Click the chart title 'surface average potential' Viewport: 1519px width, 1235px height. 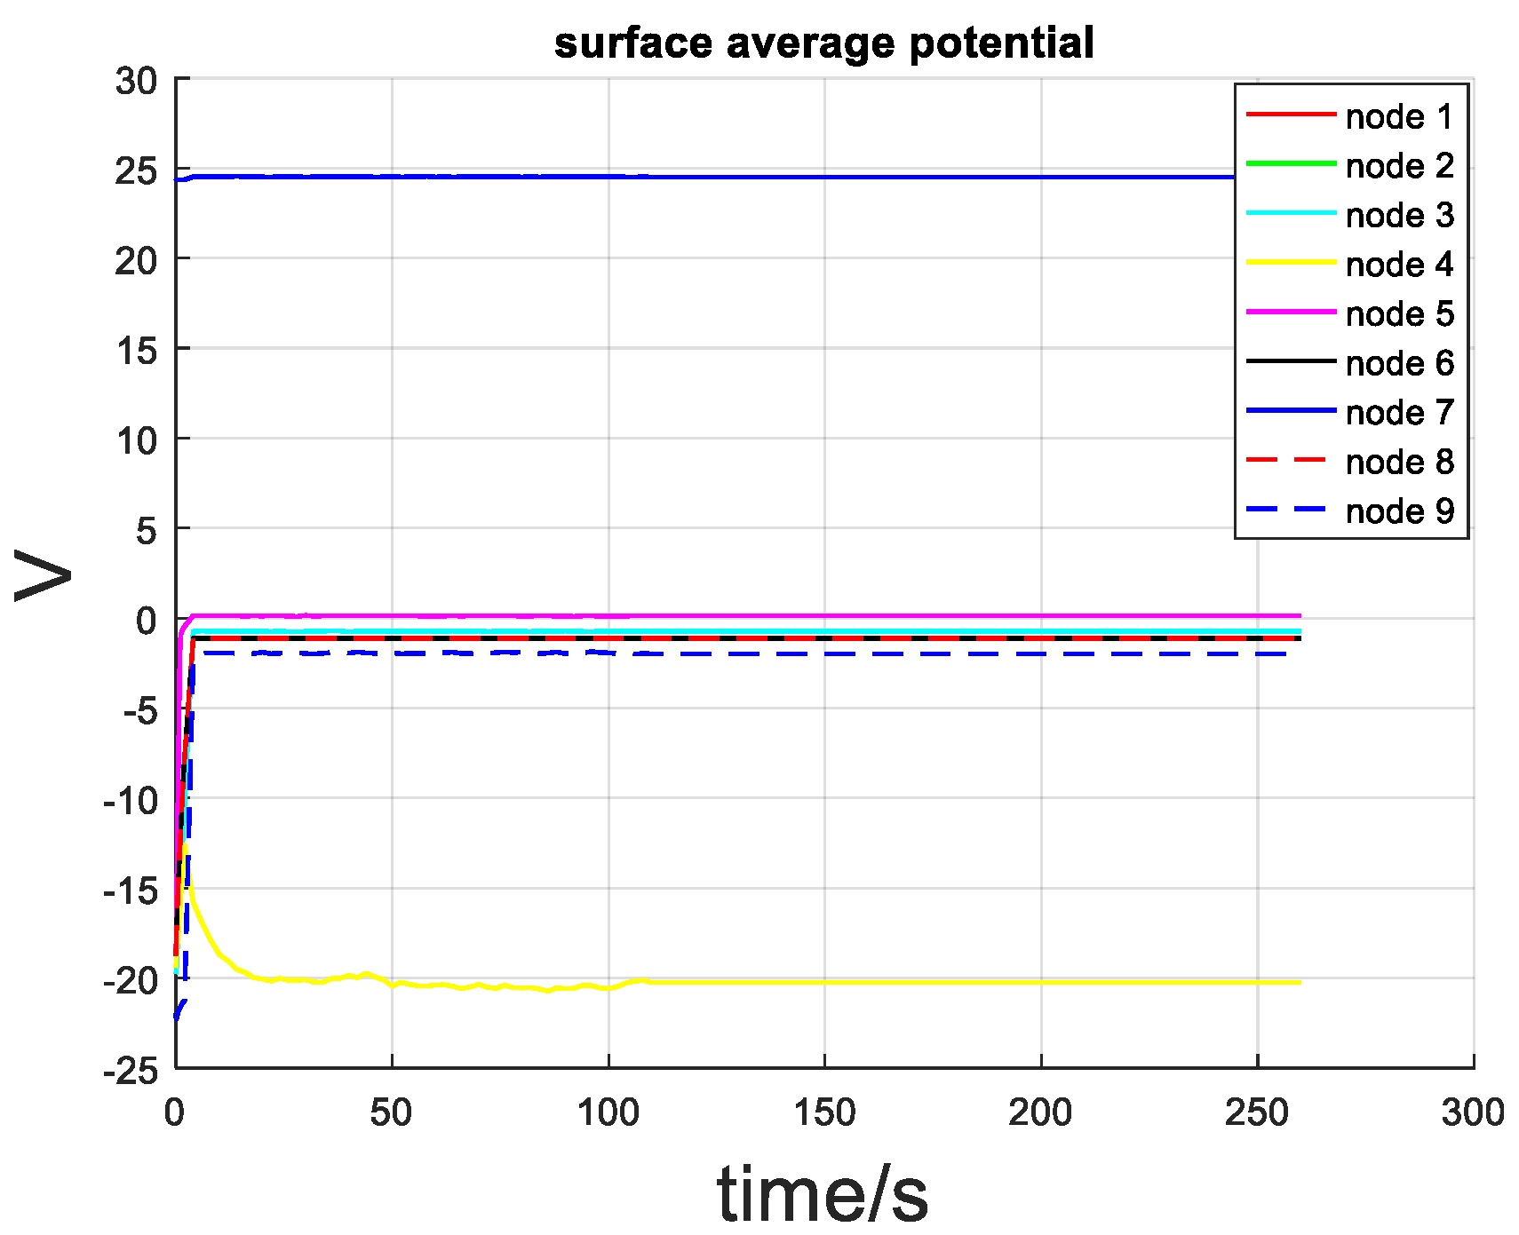pos(823,43)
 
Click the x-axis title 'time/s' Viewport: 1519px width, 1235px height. pos(823,1193)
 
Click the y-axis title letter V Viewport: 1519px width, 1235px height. pos(43,575)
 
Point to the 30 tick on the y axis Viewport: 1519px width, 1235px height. pos(135,82)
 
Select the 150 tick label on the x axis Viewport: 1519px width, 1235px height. pos(824,1112)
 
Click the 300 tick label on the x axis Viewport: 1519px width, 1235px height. pos(1473,1112)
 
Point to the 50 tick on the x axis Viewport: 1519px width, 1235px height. pos(391,1112)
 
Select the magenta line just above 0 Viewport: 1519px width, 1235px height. pos(799,615)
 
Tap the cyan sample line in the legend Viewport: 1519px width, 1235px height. pos(1291,213)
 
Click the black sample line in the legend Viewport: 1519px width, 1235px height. pos(1291,361)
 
